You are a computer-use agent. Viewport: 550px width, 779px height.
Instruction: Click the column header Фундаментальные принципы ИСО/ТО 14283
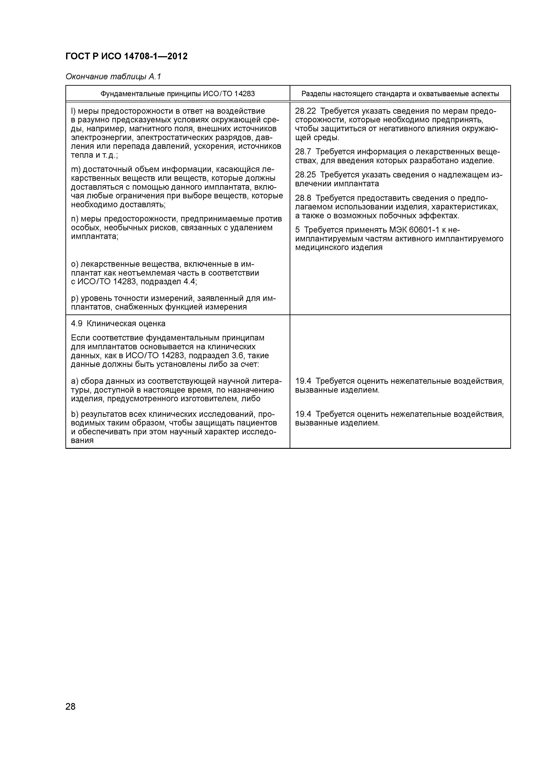tap(178, 94)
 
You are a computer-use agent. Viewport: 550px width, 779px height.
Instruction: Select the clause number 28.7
tap(303, 152)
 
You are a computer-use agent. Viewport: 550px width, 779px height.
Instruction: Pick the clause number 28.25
tap(305, 175)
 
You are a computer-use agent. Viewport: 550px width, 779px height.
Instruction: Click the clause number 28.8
tap(303, 198)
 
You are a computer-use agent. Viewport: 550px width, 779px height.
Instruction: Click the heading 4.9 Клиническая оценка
tap(118, 324)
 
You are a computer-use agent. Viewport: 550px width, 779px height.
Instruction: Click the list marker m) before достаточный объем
tap(75, 169)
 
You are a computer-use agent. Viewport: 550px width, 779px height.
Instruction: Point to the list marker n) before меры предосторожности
tap(75, 219)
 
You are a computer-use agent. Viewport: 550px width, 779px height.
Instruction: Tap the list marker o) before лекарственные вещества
tap(75, 264)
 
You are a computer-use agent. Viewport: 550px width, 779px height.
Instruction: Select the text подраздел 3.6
tap(219, 356)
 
